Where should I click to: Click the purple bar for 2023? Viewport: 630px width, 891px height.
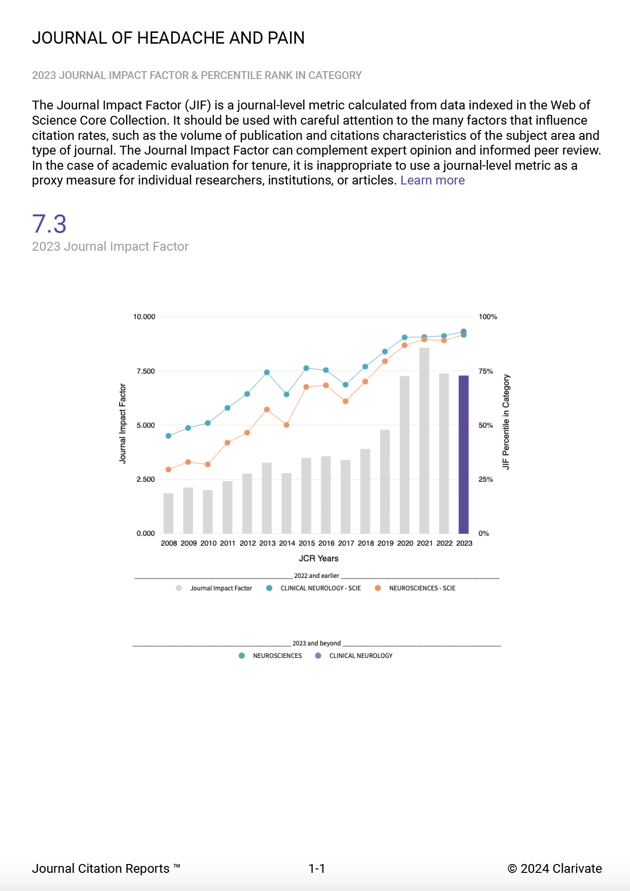click(463, 454)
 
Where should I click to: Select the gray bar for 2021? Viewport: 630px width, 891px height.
click(424, 441)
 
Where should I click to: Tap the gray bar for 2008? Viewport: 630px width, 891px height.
click(168, 513)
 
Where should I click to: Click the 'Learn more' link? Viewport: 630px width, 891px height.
click(432, 181)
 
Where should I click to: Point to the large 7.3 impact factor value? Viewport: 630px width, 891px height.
click(49, 224)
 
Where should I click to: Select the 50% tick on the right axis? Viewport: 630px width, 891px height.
click(486, 425)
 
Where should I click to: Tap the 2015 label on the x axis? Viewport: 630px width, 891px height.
click(307, 543)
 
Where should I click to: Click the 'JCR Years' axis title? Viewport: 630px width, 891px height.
click(318, 558)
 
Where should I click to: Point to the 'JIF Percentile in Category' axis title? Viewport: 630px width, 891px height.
click(506, 422)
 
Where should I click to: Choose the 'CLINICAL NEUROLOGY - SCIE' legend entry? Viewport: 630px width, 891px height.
click(320, 588)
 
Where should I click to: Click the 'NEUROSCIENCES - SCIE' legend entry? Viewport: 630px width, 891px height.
click(422, 588)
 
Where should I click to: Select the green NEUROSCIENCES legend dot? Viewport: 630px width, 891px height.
click(241, 655)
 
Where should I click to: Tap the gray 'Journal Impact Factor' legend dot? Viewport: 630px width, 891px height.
click(179, 588)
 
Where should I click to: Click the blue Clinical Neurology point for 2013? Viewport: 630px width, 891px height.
click(267, 372)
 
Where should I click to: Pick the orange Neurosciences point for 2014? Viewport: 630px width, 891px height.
click(287, 425)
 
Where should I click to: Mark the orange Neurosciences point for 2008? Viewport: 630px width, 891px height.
click(168, 470)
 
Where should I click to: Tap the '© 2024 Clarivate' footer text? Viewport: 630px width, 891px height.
click(554, 868)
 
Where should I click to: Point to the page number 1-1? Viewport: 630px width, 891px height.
click(316, 868)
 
